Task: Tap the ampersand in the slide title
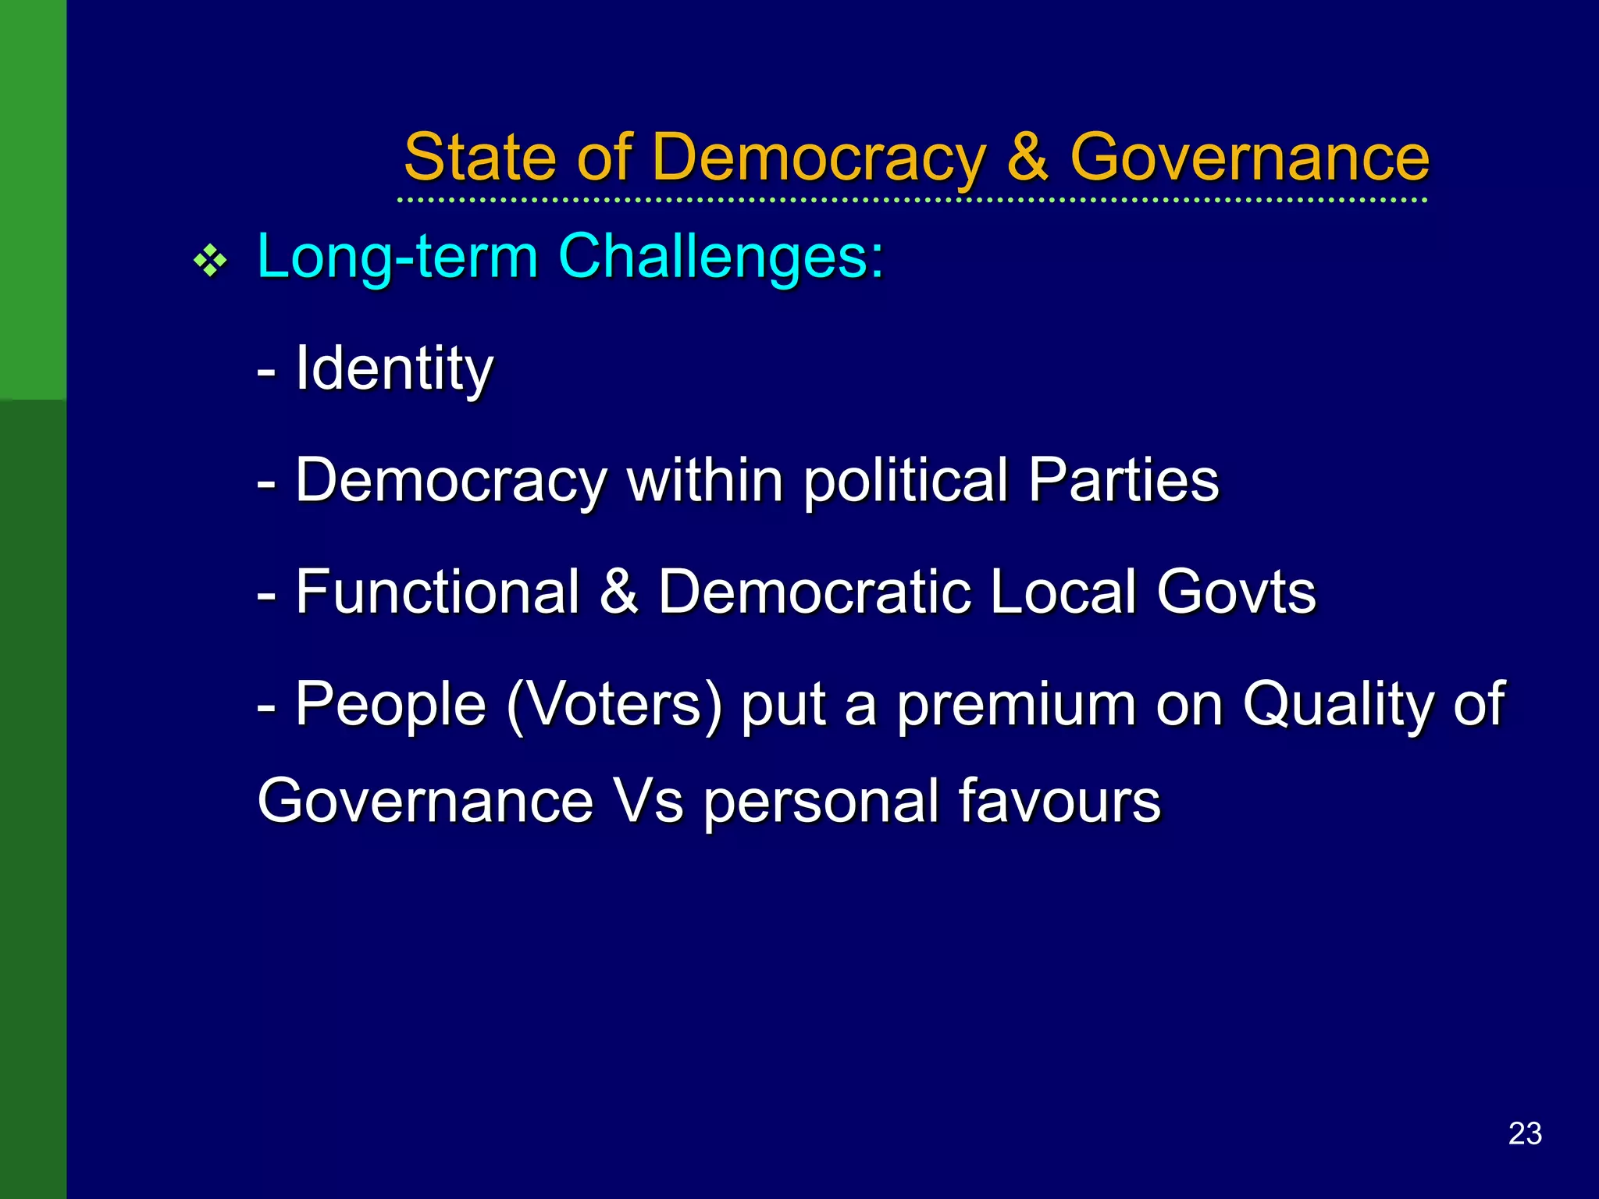1027,158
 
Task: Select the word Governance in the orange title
1249,158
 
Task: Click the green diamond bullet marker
210,261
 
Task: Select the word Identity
394,368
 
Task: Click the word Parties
1123,480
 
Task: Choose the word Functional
437,592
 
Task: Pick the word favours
1059,801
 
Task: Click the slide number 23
1525,1133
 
